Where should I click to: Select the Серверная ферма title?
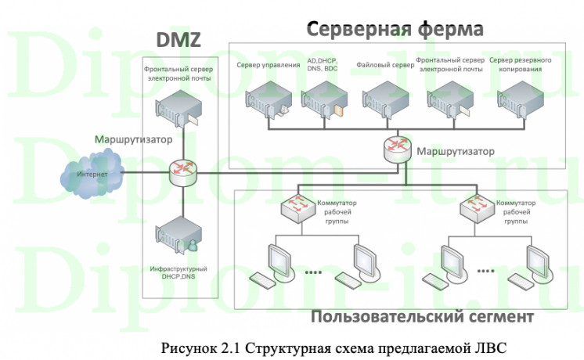(x=395, y=30)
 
